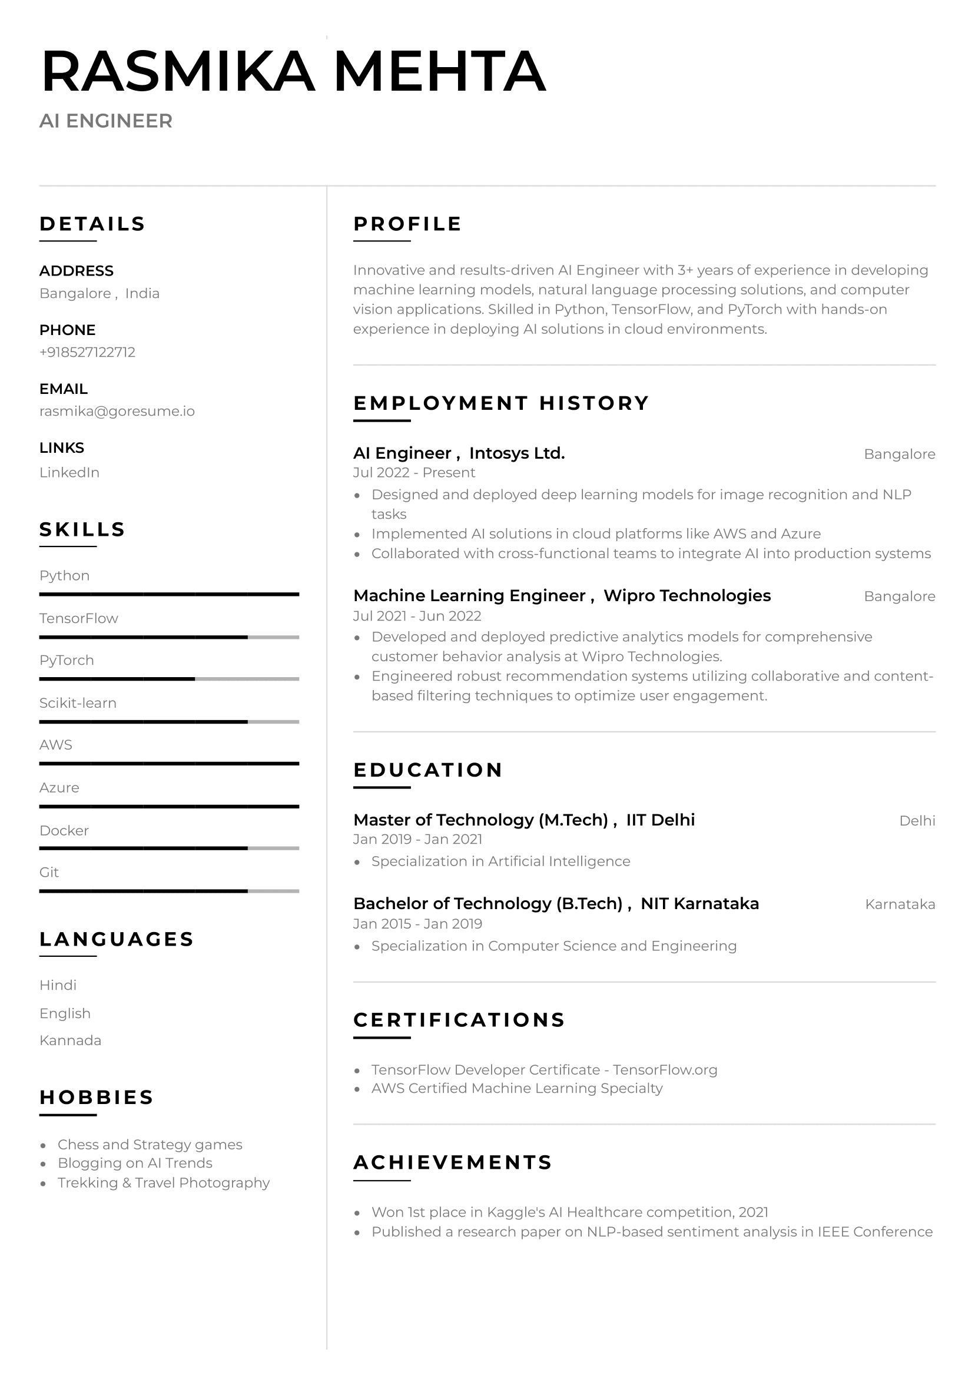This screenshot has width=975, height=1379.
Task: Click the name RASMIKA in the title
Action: coord(178,71)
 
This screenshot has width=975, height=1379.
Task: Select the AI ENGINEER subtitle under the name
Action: coord(106,121)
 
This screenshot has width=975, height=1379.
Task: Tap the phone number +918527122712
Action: coord(87,352)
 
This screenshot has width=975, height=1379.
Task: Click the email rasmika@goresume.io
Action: coord(117,412)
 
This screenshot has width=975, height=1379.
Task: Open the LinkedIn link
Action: coord(69,473)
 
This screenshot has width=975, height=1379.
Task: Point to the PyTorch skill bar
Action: coord(169,679)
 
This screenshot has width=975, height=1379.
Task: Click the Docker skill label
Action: coord(64,831)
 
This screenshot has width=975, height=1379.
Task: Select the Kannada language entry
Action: coord(70,1040)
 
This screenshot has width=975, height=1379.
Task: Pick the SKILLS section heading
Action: coord(82,530)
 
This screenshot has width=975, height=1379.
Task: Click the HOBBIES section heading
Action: coord(97,1098)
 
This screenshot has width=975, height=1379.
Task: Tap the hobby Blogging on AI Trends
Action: coord(135,1163)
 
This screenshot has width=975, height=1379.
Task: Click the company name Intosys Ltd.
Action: coord(516,453)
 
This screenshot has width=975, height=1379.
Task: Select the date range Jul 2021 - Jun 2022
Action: coord(417,616)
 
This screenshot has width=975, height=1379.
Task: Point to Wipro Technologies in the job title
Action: coord(687,596)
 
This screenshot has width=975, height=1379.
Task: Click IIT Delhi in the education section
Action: coord(660,820)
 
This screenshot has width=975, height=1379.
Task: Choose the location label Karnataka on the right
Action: coord(899,904)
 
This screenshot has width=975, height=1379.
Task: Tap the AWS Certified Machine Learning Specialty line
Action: coord(516,1088)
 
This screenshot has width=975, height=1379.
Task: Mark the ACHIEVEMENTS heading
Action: coord(452,1162)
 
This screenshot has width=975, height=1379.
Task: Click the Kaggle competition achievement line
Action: coord(569,1212)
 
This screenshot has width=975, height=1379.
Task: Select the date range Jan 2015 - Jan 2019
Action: coord(417,924)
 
